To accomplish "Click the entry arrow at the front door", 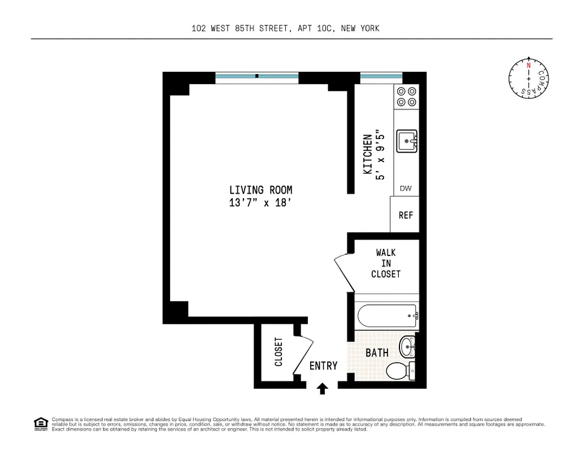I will (322, 388).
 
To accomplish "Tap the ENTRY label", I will (323, 366).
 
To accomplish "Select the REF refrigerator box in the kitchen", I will (406, 215).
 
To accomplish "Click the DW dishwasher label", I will (406, 189).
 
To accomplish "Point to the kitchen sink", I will (406, 141).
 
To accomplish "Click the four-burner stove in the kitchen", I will (406, 97).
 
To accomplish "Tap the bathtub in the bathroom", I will (387, 316).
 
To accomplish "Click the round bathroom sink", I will (407, 346).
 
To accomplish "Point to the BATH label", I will (377, 353).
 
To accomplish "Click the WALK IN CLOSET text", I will (386, 263).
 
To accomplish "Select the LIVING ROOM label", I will (260, 190).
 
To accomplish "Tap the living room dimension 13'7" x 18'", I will (260, 203).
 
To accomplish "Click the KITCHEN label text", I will (368, 154).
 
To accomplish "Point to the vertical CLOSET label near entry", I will (279, 351).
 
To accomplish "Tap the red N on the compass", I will (529, 66).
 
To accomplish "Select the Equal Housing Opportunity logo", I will (41, 423).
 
